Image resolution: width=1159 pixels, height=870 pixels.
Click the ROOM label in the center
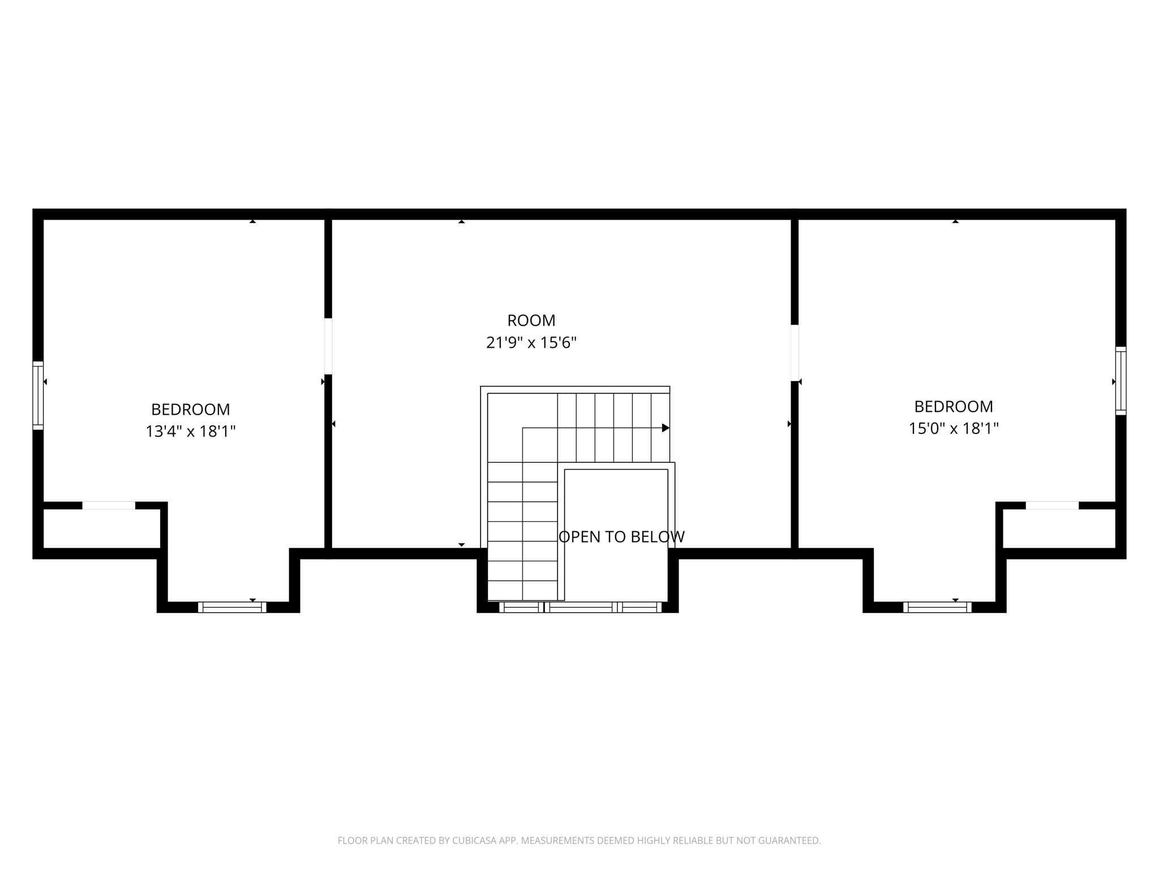pyautogui.click(x=531, y=321)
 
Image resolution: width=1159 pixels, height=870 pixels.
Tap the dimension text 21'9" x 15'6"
pyautogui.click(x=531, y=343)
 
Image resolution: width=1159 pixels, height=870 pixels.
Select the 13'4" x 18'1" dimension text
pyautogui.click(x=190, y=432)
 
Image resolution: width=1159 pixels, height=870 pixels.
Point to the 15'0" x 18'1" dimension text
pyautogui.click(x=954, y=429)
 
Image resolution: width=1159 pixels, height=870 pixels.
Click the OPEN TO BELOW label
pyautogui.click(x=621, y=537)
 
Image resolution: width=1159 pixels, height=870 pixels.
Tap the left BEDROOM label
pyautogui.click(x=190, y=410)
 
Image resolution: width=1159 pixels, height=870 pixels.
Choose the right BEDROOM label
pyautogui.click(x=954, y=407)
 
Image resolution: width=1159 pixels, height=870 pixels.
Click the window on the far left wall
pyautogui.click(x=38, y=395)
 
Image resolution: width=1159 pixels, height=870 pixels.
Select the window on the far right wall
pyautogui.click(x=1121, y=381)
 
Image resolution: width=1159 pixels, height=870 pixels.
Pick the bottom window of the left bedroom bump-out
pyautogui.click(x=232, y=607)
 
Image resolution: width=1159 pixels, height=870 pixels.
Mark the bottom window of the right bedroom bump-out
pyautogui.click(x=937, y=607)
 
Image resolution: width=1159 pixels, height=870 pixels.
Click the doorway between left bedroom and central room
pyautogui.click(x=328, y=346)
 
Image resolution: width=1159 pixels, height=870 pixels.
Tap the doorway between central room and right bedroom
pyautogui.click(x=795, y=353)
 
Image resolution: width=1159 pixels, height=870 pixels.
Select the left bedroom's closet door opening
pyautogui.click(x=109, y=505)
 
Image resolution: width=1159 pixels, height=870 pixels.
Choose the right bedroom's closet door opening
pyautogui.click(x=1052, y=505)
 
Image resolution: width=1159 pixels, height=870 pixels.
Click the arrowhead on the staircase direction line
pyautogui.click(x=666, y=428)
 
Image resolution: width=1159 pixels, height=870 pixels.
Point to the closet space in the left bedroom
pyautogui.click(x=102, y=528)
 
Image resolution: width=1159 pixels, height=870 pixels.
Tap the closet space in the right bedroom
pyautogui.click(x=1059, y=528)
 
